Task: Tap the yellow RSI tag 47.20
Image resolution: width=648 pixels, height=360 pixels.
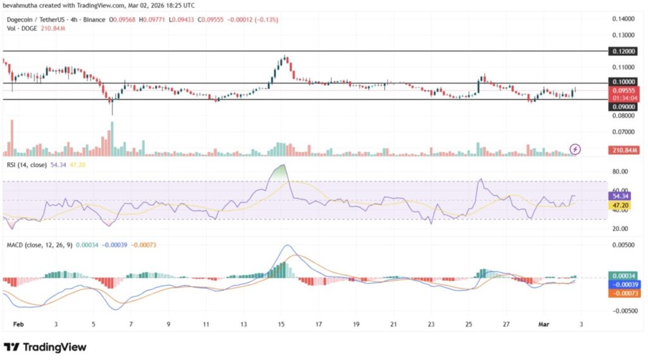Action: click(x=620, y=206)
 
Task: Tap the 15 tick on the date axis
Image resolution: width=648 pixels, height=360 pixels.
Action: click(x=281, y=324)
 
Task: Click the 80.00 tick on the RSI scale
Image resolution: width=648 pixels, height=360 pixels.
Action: click(x=620, y=171)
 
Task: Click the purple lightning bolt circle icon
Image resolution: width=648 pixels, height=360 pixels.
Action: click(x=575, y=149)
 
